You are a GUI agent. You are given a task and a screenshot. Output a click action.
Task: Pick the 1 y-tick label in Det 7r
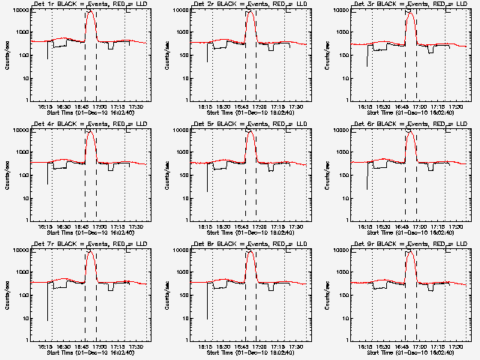28,340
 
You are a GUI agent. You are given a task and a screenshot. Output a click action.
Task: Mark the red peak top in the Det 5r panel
250,133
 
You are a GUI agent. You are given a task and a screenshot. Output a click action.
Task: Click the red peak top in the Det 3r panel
410,13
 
